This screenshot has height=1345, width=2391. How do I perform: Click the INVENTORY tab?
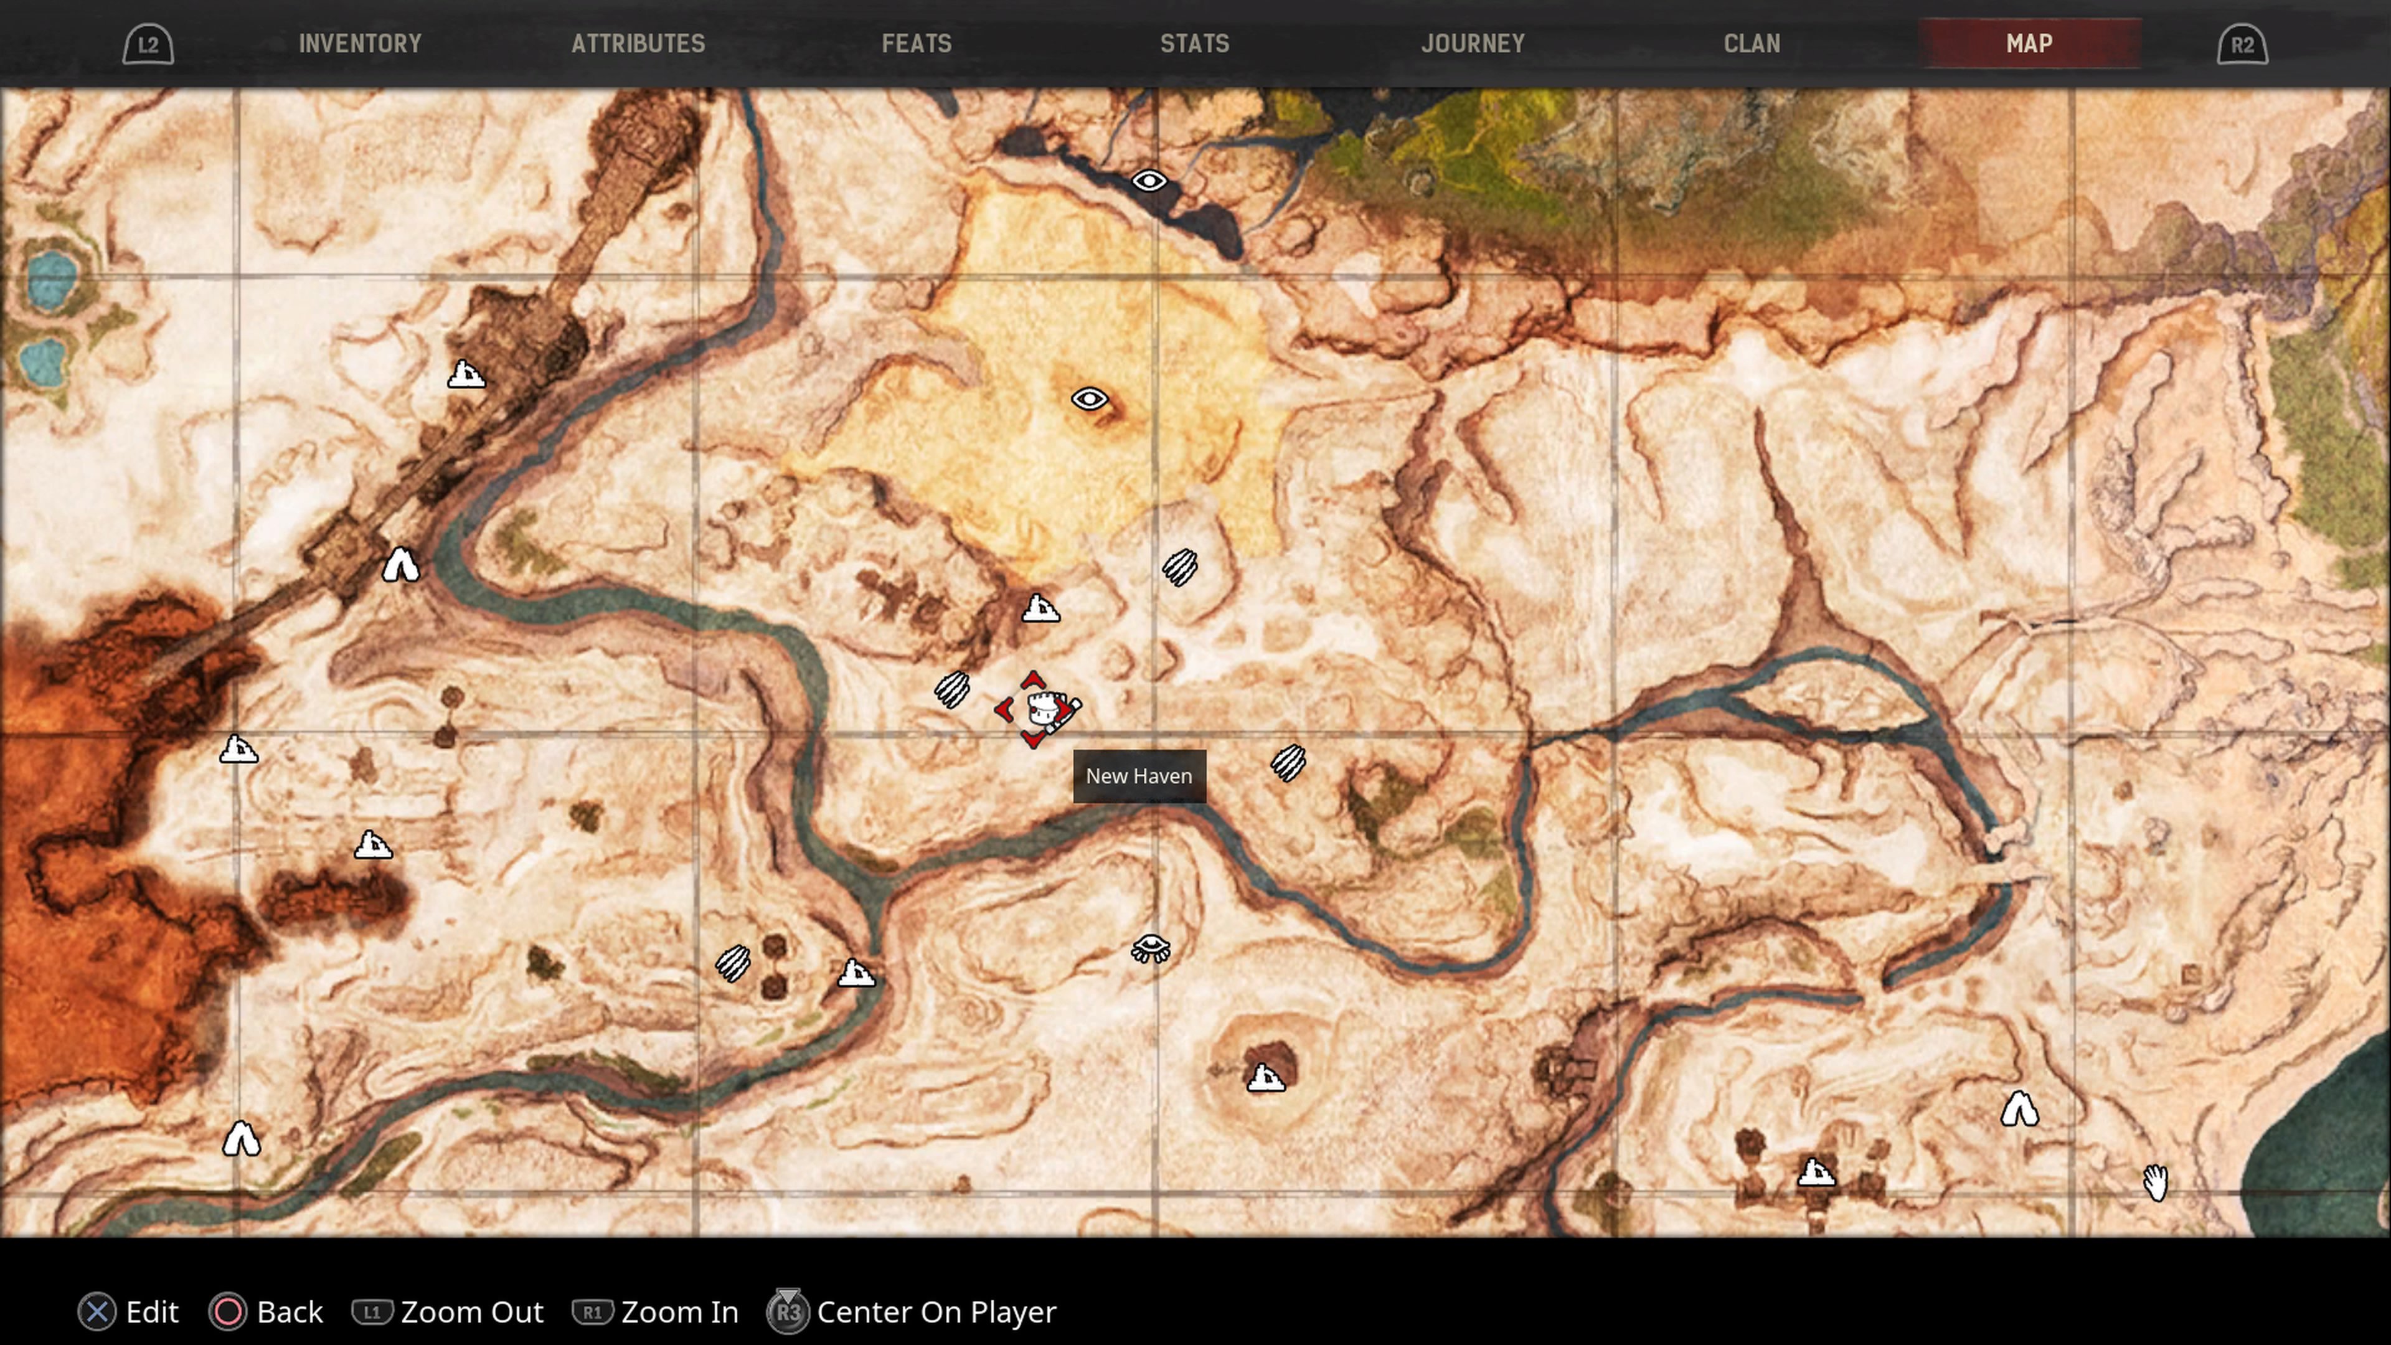[360, 44]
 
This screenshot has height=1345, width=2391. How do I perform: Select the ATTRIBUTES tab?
[638, 44]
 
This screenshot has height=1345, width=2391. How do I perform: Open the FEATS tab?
[916, 44]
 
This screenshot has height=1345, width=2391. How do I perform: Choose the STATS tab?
[1195, 44]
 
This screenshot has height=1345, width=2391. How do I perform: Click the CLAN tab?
[1752, 44]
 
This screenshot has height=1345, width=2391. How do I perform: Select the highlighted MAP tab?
[2029, 44]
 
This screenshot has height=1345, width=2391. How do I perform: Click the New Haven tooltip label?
[1139, 776]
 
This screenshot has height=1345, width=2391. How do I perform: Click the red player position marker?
[1035, 710]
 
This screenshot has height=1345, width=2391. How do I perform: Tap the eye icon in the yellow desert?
[1090, 399]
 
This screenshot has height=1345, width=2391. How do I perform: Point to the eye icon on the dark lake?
[1149, 181]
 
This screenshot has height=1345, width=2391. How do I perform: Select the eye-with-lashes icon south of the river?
[1151, 948]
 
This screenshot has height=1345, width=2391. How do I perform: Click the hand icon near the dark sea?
[2155, 1182]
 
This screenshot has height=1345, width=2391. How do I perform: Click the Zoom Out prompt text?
[471, 1311]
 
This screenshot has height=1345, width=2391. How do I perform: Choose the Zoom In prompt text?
[679, 1311]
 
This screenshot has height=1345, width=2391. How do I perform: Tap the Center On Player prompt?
[936, 1311]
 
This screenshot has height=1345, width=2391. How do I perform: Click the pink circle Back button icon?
[229, 1311]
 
